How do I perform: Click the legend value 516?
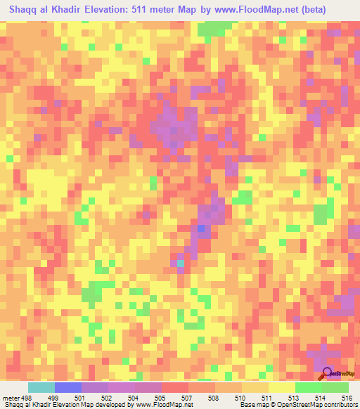(x=344, y=397)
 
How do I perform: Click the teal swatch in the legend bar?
(x=41, y=387)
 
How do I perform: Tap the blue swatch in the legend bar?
(x=67, y=387)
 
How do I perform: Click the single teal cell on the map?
(x=180, y=264)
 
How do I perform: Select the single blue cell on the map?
(x=202, y=228)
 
